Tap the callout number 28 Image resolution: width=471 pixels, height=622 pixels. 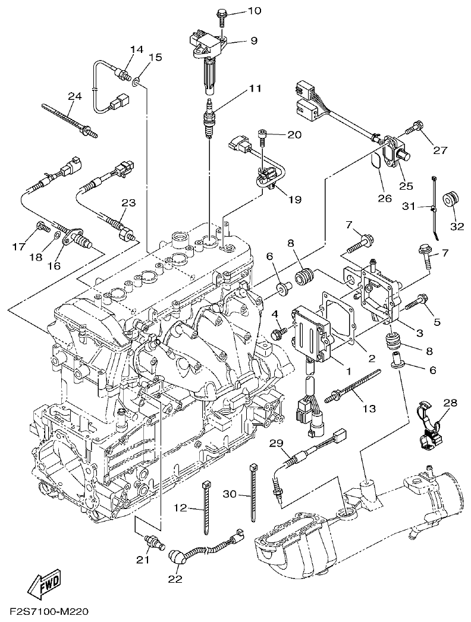point(450,403)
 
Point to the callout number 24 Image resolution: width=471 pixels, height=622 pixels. point(74,96)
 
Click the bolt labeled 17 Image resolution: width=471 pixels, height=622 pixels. point(42,225)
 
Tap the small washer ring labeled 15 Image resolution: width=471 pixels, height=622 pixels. point(137,81)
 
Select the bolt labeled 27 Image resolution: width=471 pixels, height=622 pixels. point(414,127)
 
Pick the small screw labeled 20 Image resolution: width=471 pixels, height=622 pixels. point(262,136)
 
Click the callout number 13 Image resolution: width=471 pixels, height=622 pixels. point(369,409)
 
